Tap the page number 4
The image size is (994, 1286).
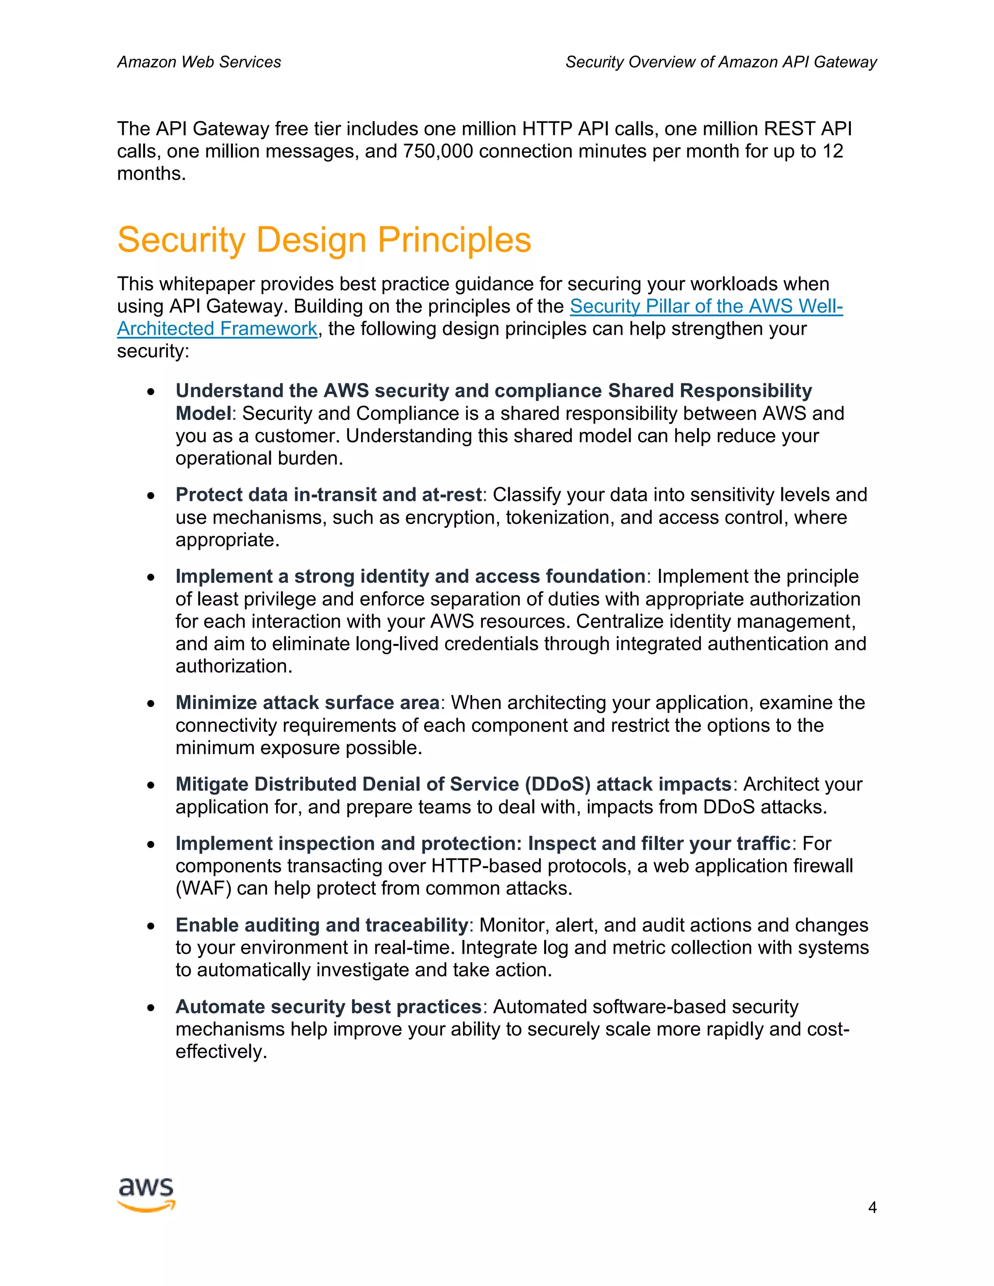coord(872,1208)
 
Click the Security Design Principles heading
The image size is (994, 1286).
coord(324,240)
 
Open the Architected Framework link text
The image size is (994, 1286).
coord(216,329)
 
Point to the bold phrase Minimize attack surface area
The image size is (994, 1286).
coord(307,703)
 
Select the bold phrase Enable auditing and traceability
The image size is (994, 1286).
coord(321,925)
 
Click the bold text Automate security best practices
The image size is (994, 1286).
coord(329,1007)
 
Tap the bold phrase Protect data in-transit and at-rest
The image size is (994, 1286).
coord(329,495)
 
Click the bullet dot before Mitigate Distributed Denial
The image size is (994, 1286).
coord(151,785)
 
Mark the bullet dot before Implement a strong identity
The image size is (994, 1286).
coord(151,577)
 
